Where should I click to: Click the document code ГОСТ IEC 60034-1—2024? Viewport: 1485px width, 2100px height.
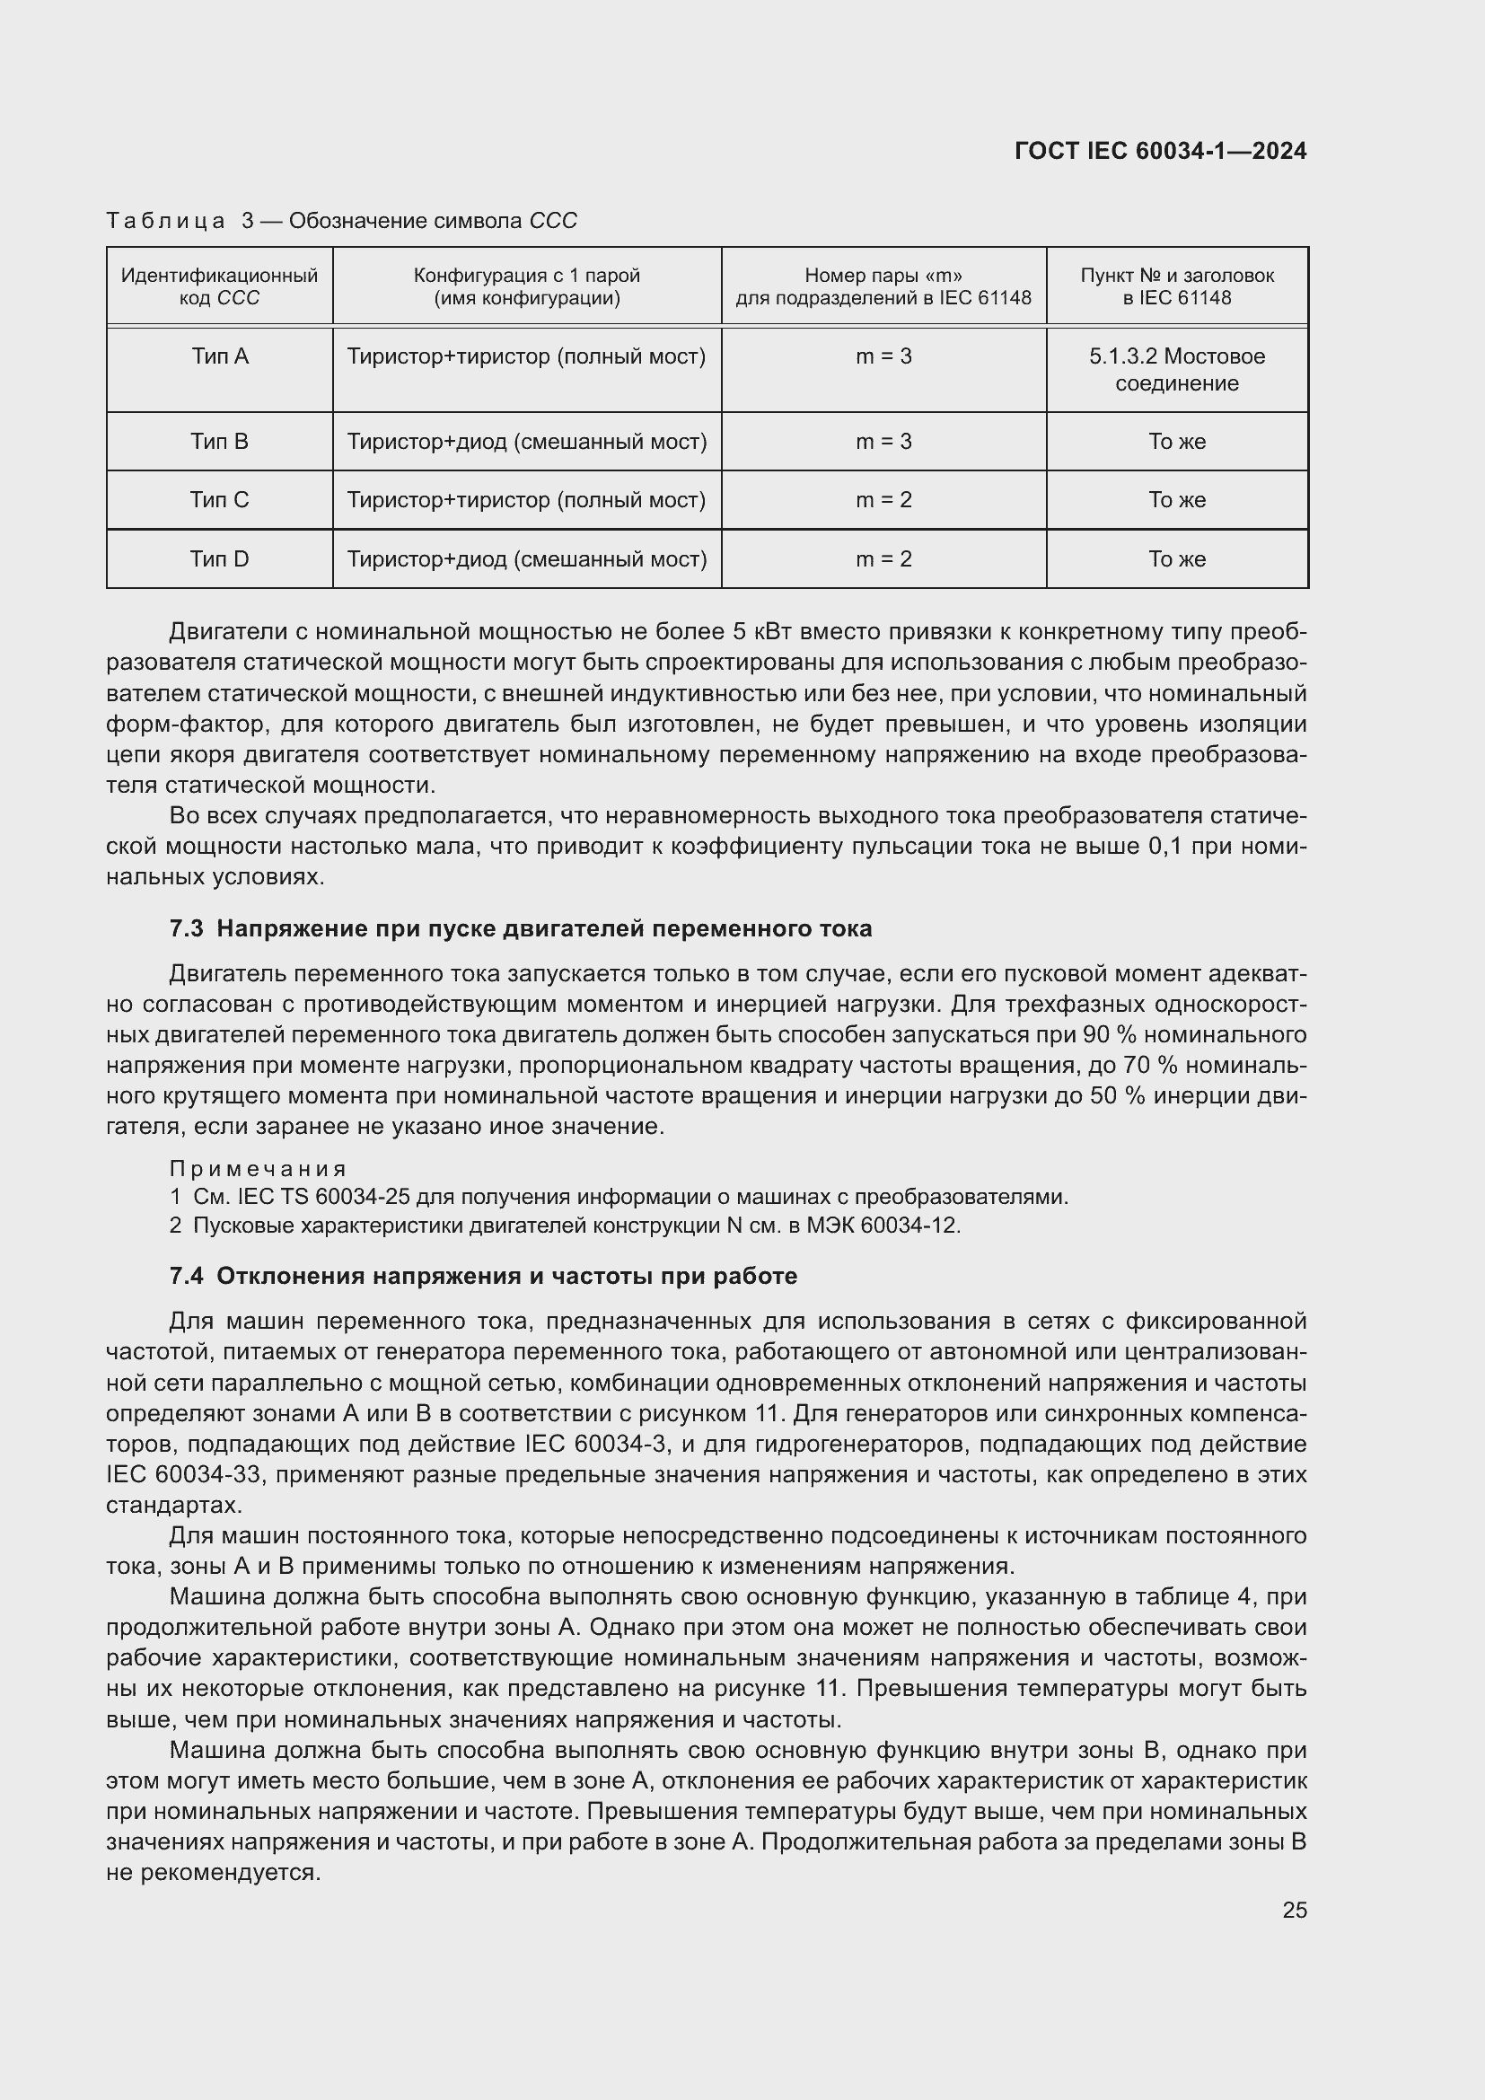(x=1159, y=152)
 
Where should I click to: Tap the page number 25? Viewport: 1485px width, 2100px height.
(x=1294, y=1910)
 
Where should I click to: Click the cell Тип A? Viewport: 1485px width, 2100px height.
(x=219, y=356)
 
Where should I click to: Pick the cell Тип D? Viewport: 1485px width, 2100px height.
(x=219, y=558)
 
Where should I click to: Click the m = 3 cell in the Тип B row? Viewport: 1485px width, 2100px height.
(x=883, y=442)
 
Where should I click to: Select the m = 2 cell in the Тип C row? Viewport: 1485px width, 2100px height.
(x=883, y=500)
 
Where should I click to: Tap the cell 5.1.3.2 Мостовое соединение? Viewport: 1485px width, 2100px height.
(x=1177, y=370)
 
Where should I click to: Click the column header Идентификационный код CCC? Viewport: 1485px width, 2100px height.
(x=219, y=286)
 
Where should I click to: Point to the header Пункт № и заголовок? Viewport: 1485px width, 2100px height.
(x=1177, y=277)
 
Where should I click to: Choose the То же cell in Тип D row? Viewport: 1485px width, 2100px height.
(x=1177, y=558)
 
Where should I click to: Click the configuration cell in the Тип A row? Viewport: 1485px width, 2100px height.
(x=526, y=356)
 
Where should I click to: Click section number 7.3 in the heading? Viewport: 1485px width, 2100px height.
(x=187, y=928)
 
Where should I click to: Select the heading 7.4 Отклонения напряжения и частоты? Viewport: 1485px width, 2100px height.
(x=483, y=1276)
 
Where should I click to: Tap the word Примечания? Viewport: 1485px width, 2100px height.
(x=258, y=1169)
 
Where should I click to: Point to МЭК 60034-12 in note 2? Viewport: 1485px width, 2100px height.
(x=883, y=1226)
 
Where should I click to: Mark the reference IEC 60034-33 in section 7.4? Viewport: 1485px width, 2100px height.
(x=184, y=1474)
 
